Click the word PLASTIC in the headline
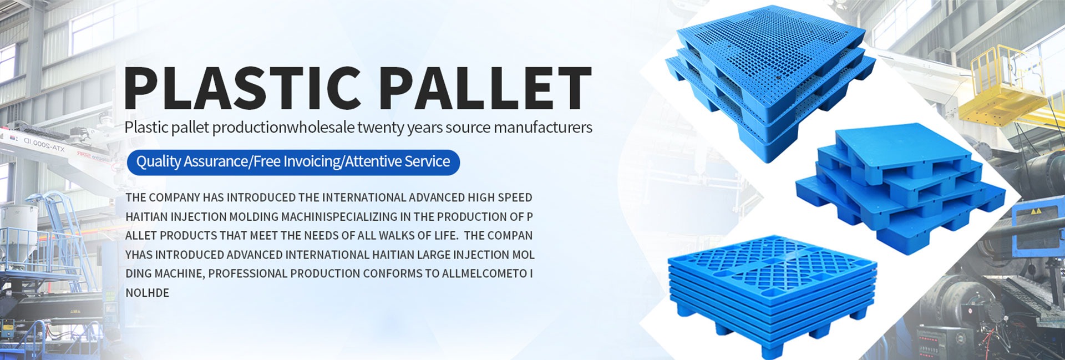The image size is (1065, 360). [x=242, y=88]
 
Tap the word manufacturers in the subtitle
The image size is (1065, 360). [x=543, y=127]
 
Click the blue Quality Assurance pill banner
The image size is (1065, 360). [x=293, y=162]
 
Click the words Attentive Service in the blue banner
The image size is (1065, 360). [x=397, y=161]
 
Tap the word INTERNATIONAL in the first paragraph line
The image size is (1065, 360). [x=364, y=197]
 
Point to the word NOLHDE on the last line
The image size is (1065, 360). [x=147, y=293]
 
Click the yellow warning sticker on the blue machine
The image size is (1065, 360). [x=1035, y=212]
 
